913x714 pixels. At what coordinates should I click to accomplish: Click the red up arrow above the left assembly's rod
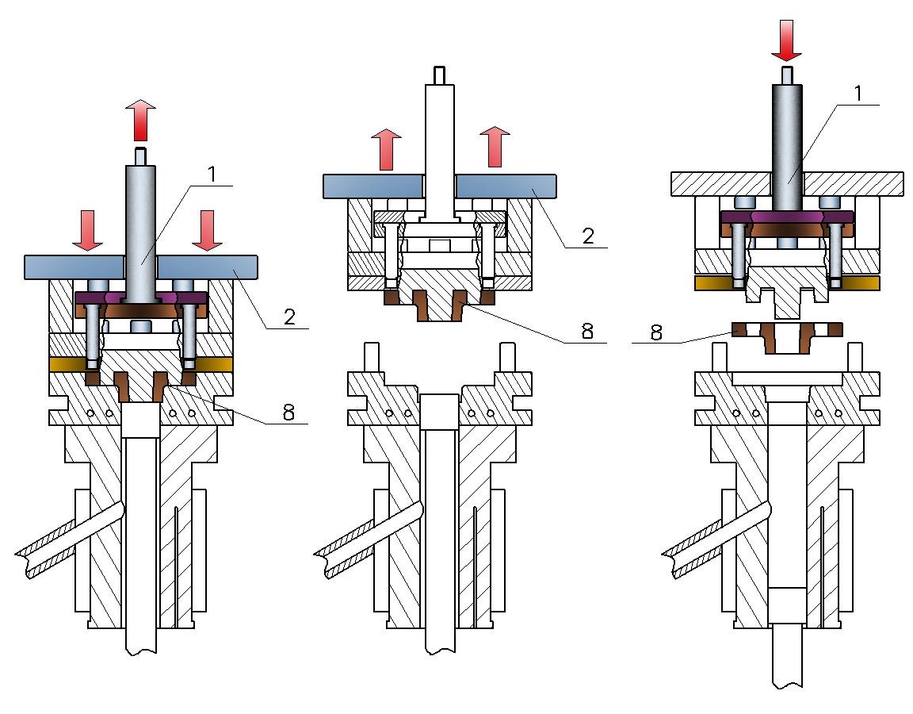pos(141,121)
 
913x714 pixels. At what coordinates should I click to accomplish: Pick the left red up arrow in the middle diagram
pos(387,150)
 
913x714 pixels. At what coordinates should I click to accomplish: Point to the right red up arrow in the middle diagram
pos(495,147)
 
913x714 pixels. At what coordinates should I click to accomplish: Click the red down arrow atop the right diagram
pos(787,40)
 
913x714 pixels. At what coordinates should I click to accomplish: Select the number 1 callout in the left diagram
pos(212,174)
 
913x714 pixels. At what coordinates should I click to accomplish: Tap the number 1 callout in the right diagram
pos(857,94)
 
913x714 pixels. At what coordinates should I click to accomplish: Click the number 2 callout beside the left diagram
pos(289,317)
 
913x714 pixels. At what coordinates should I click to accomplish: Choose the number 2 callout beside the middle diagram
pos(588,236)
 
